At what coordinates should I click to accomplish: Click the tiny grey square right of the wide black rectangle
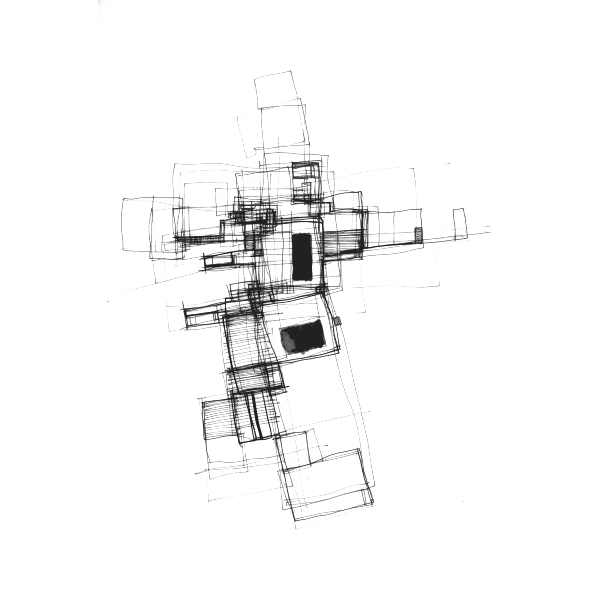[337, 321]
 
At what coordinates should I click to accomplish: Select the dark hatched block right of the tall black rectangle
[343, 242]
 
